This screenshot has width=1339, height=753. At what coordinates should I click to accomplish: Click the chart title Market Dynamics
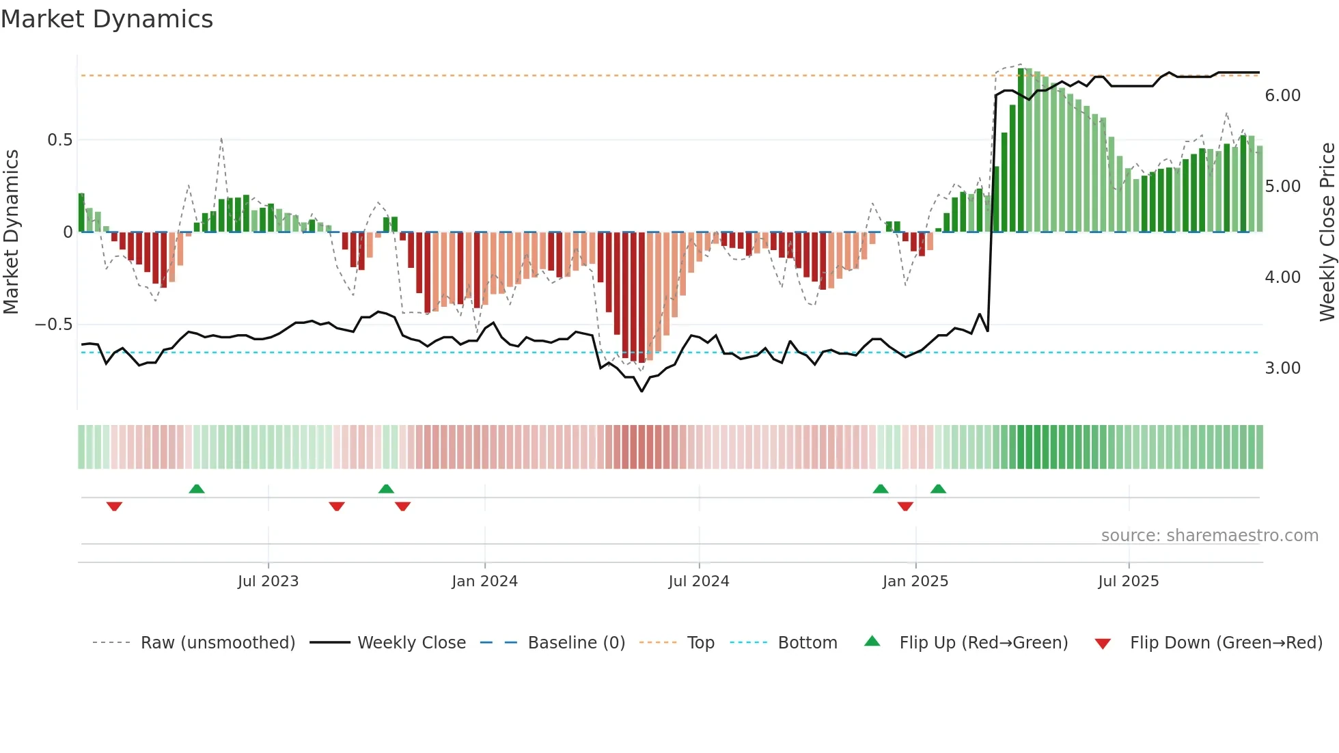tap(107, 19)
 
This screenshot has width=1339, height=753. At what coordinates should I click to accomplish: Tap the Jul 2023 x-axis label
tap(268, 581)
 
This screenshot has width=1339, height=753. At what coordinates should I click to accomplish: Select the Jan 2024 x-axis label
tap(484, 581)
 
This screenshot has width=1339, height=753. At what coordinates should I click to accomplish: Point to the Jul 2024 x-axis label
tap(698, 581)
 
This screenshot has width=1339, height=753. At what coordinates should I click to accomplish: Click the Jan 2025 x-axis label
tap(915, 581)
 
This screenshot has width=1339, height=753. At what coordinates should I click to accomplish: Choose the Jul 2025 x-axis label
tap(1128, 581)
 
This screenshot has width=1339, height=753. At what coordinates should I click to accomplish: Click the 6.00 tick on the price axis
tap(1282, 96)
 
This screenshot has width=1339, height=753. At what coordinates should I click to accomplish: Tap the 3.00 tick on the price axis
tap(1282, 368)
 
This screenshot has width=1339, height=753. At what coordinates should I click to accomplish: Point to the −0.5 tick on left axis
tap(53, 325)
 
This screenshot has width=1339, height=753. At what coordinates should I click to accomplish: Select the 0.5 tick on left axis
tap(59, 140)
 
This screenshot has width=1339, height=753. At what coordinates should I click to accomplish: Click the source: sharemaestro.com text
tap(1209, 536)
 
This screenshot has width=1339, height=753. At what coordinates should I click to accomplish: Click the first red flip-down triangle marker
tap(114, 506)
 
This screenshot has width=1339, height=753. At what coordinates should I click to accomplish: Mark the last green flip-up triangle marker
tap(938, 489)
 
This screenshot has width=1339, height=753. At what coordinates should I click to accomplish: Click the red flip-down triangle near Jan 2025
tap(905, 506)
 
